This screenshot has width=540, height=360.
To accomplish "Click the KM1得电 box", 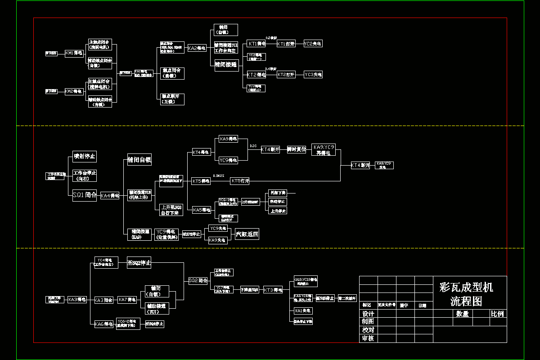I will click(x=74, y=53).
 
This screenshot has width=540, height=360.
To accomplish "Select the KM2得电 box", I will click(x=74, y=91).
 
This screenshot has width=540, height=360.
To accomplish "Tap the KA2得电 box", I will click(x=197, y=48).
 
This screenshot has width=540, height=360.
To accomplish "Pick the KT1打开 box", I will click(x=286, y=44).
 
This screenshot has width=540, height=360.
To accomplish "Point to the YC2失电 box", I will click(x=313, y=44).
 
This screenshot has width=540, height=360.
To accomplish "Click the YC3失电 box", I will click(x=313, y=74).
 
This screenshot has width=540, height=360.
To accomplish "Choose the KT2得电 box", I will click(x=256, y=74).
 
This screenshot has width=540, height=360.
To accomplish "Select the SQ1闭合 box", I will click(x=85, y=195).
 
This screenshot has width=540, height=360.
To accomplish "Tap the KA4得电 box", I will click(x=110, y=195).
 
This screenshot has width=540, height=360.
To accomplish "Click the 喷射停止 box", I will click(x=85, y=157).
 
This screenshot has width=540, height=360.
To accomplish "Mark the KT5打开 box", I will click(x=240, y=181).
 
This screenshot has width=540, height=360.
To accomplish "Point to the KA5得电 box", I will click(x=201, y=210).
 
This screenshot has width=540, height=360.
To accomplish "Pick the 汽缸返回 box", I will click(x=247, y=234).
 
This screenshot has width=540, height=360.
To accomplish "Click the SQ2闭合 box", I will click(x=198, y=280).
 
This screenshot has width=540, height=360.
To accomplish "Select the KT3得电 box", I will click(x=273, y=290).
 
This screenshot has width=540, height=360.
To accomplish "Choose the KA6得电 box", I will click(x=104, y=324).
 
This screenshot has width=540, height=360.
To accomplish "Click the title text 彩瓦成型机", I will click(x=466, y=288).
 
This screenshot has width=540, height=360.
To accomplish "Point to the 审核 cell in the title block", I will click(x=368, y=338).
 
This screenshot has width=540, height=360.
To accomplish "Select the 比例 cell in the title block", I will click(x=498, y=314).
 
